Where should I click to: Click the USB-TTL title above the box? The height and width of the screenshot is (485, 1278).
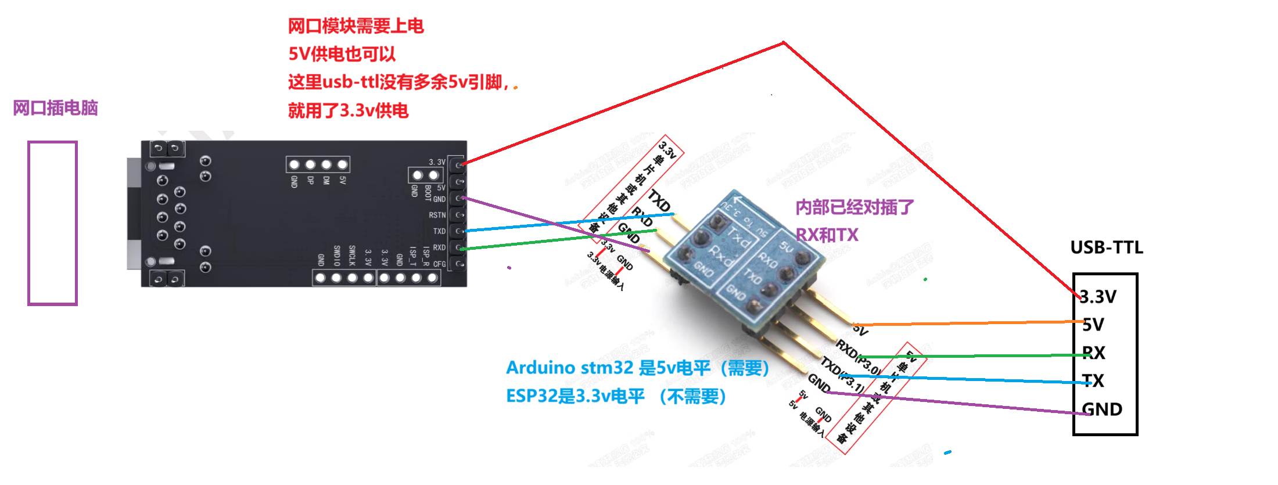tap(1106, 247)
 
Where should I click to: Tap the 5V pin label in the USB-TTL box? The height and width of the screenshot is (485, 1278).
tap(1093, 325)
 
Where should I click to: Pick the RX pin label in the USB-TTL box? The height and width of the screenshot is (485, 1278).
tap(1093, 353)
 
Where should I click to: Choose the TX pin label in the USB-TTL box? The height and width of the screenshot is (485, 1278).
tap(1093, 380)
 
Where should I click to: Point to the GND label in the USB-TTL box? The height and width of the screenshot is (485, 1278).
tap(1102, 409)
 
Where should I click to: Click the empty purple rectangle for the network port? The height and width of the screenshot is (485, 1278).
tap(52, 223)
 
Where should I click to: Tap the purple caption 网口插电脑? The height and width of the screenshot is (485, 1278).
tap(55, 108)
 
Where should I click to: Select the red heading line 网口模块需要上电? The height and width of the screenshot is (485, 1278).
tap(356, 26)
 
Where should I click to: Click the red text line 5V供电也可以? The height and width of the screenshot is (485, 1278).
tap(342, 54)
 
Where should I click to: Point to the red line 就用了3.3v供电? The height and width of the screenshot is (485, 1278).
tap(348, 110)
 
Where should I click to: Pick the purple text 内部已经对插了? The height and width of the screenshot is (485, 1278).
tap(855, 207)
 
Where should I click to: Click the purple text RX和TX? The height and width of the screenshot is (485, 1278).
tap(827, 235)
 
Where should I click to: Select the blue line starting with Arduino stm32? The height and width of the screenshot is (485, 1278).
tap(637, 368)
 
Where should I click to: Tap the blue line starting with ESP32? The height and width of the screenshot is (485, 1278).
tap(616, 396)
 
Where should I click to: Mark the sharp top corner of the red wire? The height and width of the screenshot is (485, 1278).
tap(783, 42)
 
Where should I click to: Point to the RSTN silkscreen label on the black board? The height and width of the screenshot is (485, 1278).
tap(437, 215)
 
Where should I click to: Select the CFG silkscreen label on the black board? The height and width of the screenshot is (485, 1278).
tap(439, 264)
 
